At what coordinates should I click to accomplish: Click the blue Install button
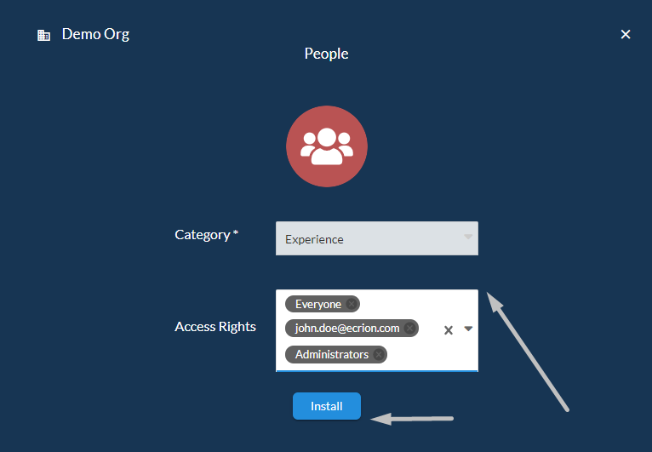point(326,406)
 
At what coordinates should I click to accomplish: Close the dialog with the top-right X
point(626,34)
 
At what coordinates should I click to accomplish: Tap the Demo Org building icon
point(43,36)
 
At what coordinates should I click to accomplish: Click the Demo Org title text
point(95,35)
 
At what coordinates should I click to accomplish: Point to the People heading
point(326,54)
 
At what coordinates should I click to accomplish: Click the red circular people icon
point(327,146)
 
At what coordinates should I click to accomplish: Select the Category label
point(206,235)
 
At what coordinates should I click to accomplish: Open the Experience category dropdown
point(377,238)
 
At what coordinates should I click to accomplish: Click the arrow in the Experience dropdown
point(468,237)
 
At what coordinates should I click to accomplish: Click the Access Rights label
point(215,327)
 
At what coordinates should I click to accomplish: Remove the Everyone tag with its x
point(352,304)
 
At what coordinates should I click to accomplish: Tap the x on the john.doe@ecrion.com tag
point(409,328)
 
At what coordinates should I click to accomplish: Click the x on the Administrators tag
point(379,354)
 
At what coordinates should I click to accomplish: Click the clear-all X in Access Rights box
point(449,330)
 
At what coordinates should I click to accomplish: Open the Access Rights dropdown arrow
point(468,329)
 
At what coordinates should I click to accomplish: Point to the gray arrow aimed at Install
point(412,419)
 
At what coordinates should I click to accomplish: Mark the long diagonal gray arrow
point(527,352)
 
